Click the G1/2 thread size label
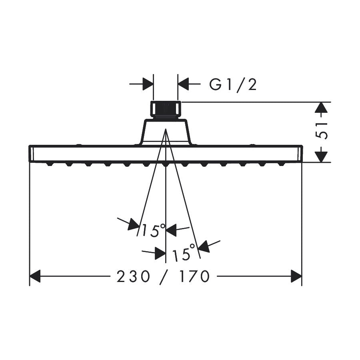[233, 85]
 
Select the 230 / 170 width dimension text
[163, 276]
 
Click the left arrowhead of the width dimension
[35, 276]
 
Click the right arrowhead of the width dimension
[296, 276]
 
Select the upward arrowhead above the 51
[321, 108]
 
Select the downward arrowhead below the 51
[321, 156]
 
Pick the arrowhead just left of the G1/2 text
[184, 84]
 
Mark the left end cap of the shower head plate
[32, 154]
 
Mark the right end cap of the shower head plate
[300, 154]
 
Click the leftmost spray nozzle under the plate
[50, 164]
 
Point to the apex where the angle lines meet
[166, 130]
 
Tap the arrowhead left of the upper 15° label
[133, 225]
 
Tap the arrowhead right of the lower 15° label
[204, 246]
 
